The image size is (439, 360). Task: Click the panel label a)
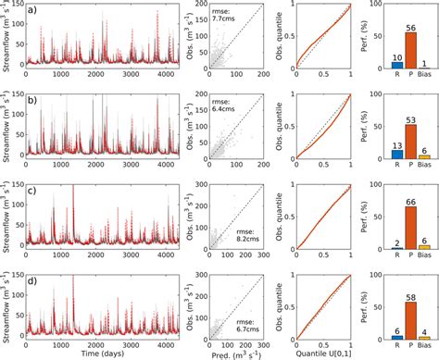(x=31, y=10)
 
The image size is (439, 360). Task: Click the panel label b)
(x=31, y=98)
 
